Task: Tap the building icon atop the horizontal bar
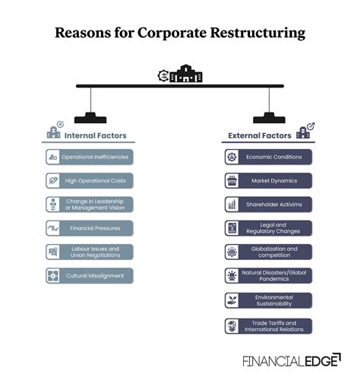click(x=181, y=75)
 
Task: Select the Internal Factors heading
click(x=95, y=135)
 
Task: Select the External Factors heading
click(x=260, y=135)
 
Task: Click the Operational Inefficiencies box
click(x=89, y=157)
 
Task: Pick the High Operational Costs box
click(x=89, y=180)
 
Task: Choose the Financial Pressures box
click(x=89, y=227)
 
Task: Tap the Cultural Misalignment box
click(x=89, y=275)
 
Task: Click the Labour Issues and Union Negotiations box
click(x=89, y=252)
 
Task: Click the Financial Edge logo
click(x=291, y=360)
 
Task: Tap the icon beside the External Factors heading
click(x=305, y=132)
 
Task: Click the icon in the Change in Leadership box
click(x=53, y=204)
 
